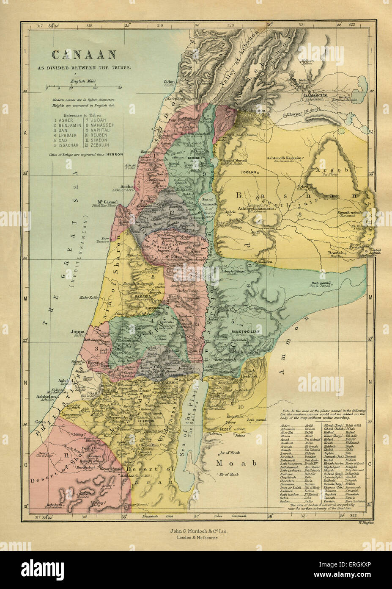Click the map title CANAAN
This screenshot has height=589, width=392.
tap(84, 54)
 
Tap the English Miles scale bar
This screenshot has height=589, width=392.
tap(84, 87)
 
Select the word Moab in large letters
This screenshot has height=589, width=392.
tap(236, 463)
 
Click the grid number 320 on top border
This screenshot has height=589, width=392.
tap(230, 25)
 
